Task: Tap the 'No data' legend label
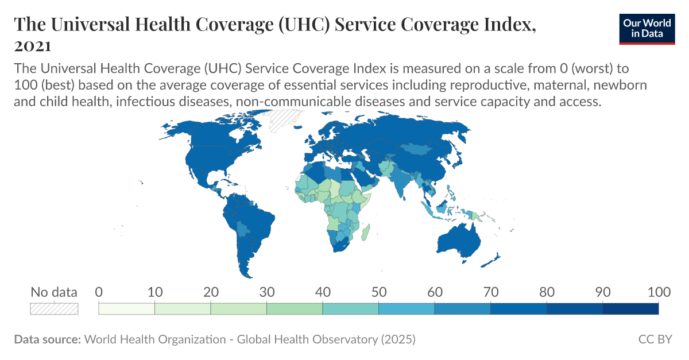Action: (53, 292)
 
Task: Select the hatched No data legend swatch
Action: (53, 309)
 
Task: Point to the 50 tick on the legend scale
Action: (378, 292)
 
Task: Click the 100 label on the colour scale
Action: (657, 292)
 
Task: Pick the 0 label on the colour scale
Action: (99, 292)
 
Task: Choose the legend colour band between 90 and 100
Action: (630, 309)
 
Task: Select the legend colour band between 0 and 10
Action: (127, 309)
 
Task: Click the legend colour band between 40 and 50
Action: (350, 309)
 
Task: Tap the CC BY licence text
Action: (655, 339)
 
